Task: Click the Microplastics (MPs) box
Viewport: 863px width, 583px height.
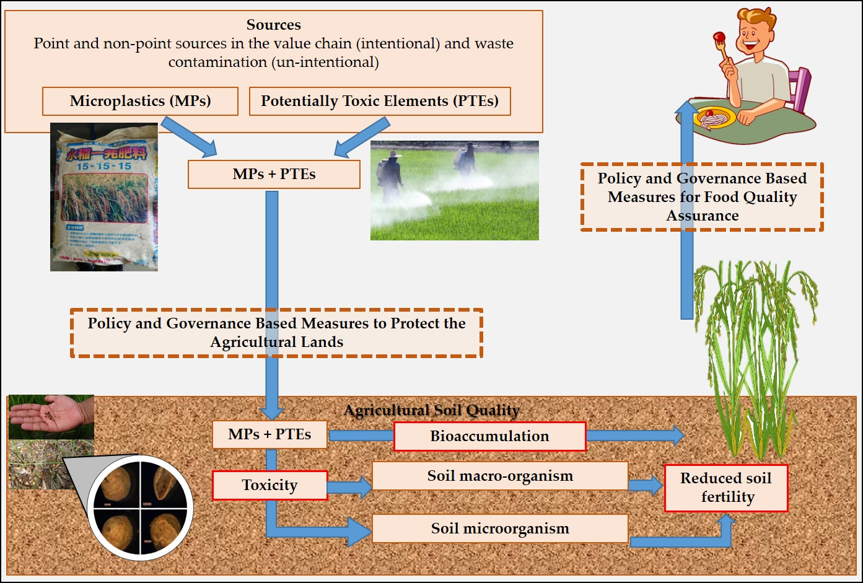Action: pos(140,101)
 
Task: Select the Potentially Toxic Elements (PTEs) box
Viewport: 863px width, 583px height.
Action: pos(379,101)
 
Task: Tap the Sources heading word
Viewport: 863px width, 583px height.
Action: pos(273,25)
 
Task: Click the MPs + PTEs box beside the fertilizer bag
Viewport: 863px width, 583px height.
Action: pos(274,174)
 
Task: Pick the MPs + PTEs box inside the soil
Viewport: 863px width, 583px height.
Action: pos(269,434)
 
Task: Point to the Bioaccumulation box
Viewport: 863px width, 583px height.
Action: pos(489,436)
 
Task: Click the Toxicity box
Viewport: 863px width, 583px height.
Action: pos(269,485)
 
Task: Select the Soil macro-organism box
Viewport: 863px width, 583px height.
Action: pos(500,476)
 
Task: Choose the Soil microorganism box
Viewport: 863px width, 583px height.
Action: pos(500,528)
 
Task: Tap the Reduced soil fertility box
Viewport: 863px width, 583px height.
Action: pos(725,488)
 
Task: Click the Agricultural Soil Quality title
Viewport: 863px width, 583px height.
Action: pos(431,410)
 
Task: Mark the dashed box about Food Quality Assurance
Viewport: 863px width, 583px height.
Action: pos(702,196)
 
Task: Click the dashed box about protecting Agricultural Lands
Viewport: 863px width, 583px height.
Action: pos(276,333)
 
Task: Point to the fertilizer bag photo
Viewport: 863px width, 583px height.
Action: pos(104,197)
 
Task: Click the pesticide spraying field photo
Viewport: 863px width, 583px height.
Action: pos(454,190)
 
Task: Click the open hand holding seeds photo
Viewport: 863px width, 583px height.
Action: pos(51,416)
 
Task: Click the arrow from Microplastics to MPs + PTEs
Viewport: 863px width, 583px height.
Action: pos(188,137)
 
